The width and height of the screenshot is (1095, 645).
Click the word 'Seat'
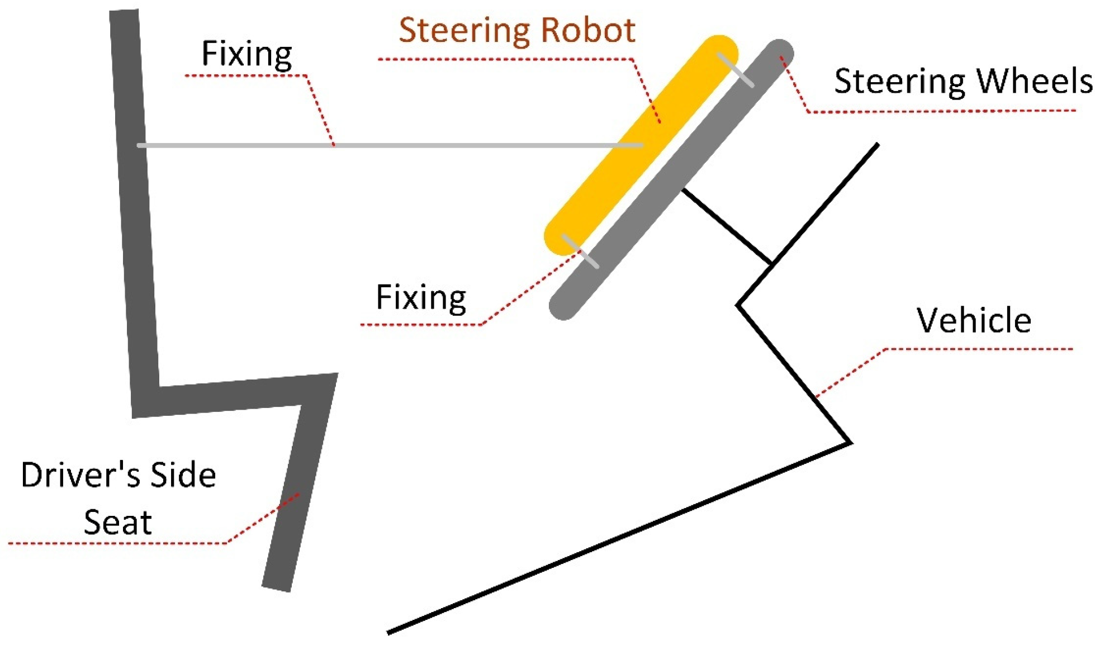point(117,523)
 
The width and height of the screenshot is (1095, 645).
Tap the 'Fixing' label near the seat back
point(247,54)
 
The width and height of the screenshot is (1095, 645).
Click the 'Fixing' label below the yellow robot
point(421,297)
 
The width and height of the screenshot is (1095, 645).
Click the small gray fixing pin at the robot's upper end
point(736,69)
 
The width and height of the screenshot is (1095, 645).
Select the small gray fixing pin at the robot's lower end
point(580,251)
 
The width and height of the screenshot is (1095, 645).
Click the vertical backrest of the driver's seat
point(134,212)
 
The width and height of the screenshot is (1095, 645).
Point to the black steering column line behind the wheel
point(727,226)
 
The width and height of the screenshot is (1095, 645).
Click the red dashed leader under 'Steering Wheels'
point(939,111)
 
